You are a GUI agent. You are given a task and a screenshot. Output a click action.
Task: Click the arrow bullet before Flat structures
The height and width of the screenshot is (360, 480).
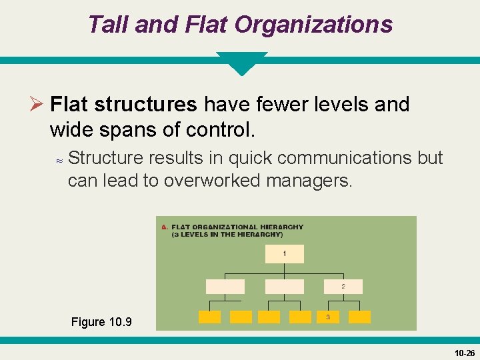coord(37,105)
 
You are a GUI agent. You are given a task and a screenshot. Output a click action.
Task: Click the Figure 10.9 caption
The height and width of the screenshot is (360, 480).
coord(101,322)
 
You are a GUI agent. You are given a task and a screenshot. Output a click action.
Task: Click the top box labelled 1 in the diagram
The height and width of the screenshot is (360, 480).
coord(285,254)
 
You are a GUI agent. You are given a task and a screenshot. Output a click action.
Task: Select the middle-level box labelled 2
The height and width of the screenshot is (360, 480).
coord(343,287)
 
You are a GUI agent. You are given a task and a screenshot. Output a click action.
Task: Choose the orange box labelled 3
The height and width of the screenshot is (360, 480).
coord(328,317)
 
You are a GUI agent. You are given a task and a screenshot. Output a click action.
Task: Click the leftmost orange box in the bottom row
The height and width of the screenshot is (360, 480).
coord(209,317)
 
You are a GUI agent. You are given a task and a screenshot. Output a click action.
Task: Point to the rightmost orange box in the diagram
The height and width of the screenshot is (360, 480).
coord(359,317)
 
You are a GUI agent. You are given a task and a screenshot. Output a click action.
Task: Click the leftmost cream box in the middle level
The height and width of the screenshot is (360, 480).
coord(225,287)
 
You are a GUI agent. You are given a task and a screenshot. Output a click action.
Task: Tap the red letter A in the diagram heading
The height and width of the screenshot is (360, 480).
coord(164,227)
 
